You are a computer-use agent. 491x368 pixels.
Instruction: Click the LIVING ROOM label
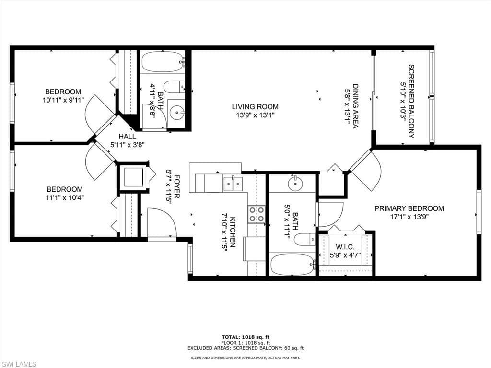click(x=255, y=107)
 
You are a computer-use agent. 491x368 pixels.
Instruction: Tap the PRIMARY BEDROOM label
click(x=409, y=208)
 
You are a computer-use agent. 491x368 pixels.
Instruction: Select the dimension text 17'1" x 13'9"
click(x=409, y=217)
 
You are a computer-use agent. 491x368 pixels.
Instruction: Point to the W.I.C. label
click(x=345, y=247)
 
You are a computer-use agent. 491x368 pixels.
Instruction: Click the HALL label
click(x=127, y=137)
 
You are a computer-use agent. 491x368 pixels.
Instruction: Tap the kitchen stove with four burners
click(x=257, y=214)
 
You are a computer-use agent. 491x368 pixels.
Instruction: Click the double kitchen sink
click(x=233, y=184)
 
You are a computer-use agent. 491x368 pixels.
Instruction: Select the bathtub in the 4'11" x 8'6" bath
click(x=163, y=62)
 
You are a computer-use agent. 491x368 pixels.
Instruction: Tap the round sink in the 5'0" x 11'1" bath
click(x=295, y=184)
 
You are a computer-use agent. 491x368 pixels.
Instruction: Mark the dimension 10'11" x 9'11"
click(x=63, y=100)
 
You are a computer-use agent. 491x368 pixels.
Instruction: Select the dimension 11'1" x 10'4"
click(x=65, y=198)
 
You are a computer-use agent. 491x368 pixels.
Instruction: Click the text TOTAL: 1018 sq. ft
click(x=245, y=337)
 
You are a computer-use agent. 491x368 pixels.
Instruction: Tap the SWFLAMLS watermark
click(x=18, y=364)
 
